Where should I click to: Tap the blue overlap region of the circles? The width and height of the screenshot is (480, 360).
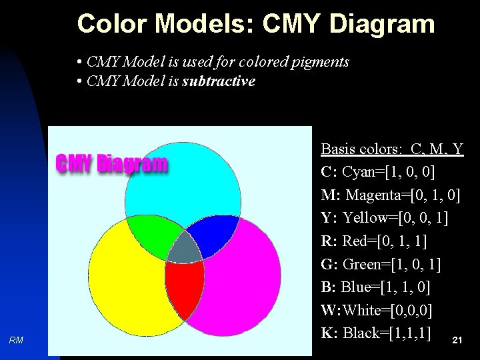(x=212, y=233)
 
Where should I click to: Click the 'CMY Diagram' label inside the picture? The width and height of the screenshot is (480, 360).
(x=111, y=163)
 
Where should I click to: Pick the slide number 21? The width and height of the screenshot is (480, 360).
(x=457, y=341)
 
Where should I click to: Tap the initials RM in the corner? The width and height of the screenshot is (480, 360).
(x=17, y=341)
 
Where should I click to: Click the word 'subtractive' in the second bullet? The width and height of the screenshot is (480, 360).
(x=219, y=81)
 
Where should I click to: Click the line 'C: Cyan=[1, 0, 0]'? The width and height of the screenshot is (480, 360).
(x=377, y=172)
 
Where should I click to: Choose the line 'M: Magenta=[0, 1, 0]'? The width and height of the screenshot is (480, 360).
(x=390, y=195)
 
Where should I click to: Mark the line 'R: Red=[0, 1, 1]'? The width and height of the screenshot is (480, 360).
(x=374, y=241)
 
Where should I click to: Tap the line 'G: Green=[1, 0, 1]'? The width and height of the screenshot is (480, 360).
(x=381, y=264)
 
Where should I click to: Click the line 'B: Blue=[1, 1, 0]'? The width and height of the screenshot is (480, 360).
(x=375, y=287)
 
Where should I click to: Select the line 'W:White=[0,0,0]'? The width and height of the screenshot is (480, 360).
(x=376, y=310)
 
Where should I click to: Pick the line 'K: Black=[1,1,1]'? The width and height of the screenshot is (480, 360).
(x=375, y=333)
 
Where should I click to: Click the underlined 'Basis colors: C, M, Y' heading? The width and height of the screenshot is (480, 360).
(x=392, y=149)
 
